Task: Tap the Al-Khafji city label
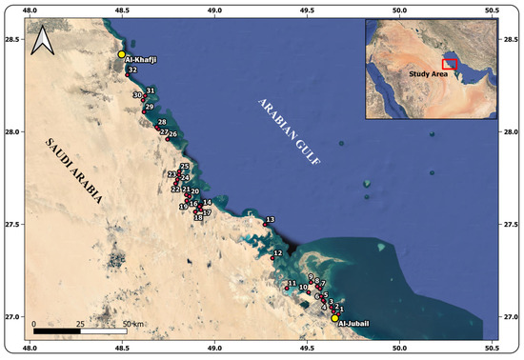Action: point(140,60)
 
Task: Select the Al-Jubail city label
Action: point(354,324)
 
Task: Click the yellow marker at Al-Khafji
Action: point(122,55)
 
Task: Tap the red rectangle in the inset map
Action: point(450,64)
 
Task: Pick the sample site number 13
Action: point(271,220)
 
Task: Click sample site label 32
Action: point(132,70)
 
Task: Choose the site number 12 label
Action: point(277,253)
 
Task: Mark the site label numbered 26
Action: point(172,135)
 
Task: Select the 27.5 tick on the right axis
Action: point(512,225)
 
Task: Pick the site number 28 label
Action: point(162,123)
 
